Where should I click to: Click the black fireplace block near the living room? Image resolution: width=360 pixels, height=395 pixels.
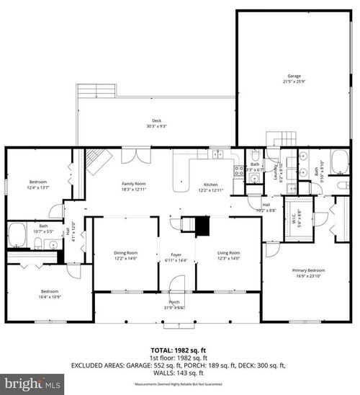pos(202,227)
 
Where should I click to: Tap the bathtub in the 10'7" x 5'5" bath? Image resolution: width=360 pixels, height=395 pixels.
pos(17,235)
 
